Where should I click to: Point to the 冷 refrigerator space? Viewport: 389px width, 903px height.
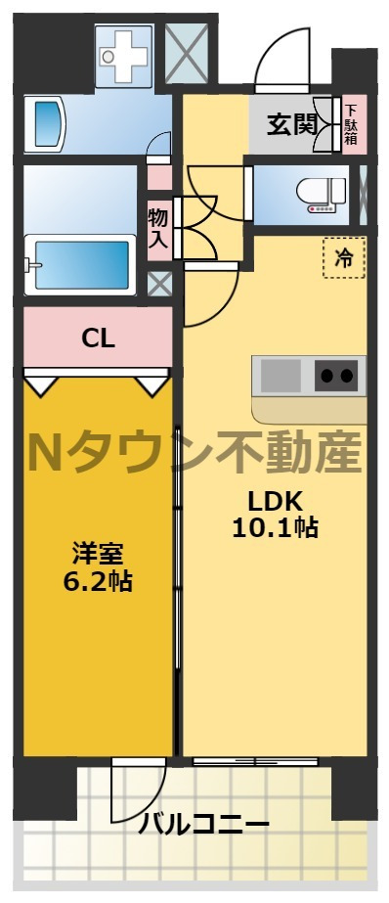click(x=344, y=258)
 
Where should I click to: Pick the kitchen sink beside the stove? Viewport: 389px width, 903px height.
click(x=281, y=375)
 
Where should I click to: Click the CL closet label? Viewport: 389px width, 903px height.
click(x=99, y=339)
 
